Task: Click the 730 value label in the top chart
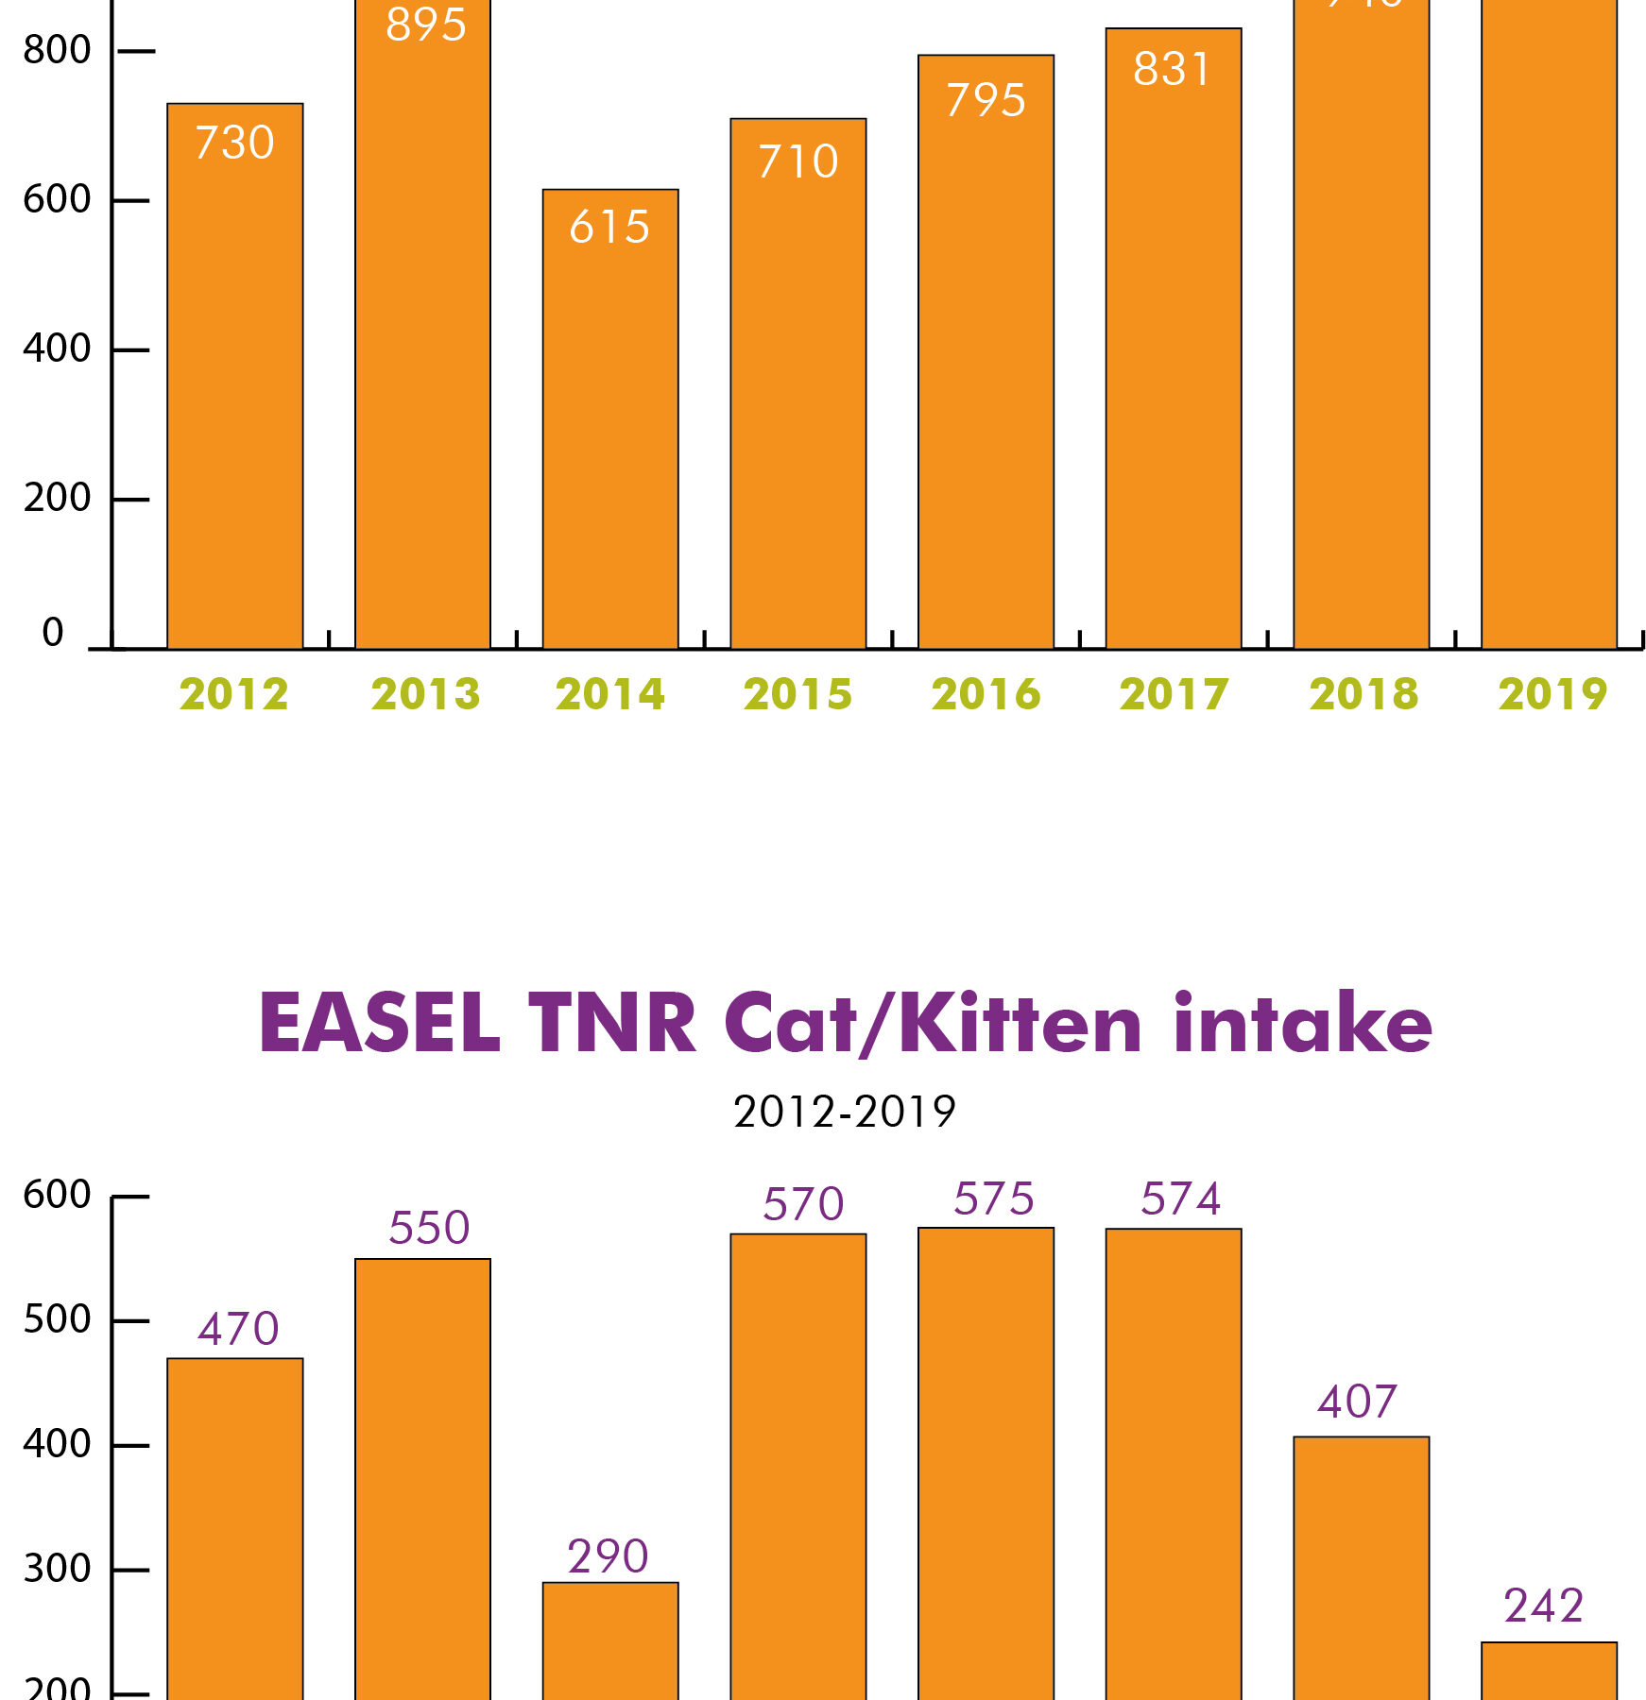pyautogui.click(x=234, y=144)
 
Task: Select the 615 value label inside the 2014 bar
pyautogui.click(x=609, y=228)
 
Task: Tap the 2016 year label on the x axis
pyautogui.click(x=986, y=695)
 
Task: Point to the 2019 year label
pyautogui.click(x=1552, y=695)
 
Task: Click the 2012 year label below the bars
pyautogui.click(x=233, y=695)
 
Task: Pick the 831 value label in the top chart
pyautogui.click(x=1172, y=70)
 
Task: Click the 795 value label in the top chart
pyautogui.click(x=986, y=101)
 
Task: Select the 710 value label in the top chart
pyautogui.click(x=797, y=162)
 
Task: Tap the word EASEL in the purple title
pyautogui.click(x=379, y=1024)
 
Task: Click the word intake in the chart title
pyautogui.click(x=1302, y=1024)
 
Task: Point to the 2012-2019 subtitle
pyautogui.click(x=844, y=1113)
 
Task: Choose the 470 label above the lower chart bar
pyautogui.click(x=238, y=1330)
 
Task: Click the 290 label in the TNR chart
pyautogui.click(x=608, y=1557)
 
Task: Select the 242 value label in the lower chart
pyautogui.click(x=1543, y=1606)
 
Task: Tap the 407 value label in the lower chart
pyautogui.click(x=1357, y=1402)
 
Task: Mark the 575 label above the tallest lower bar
pyautogui.click(x=993, y=1199)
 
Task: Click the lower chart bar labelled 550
pyautogui.click(x=422, y=1473)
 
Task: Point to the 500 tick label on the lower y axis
pyautogui.click(x=57, y=1319)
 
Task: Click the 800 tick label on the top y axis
pyautogui.click(x=57, y=50)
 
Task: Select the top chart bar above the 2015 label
pyautogui.click(x=797, y=397)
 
